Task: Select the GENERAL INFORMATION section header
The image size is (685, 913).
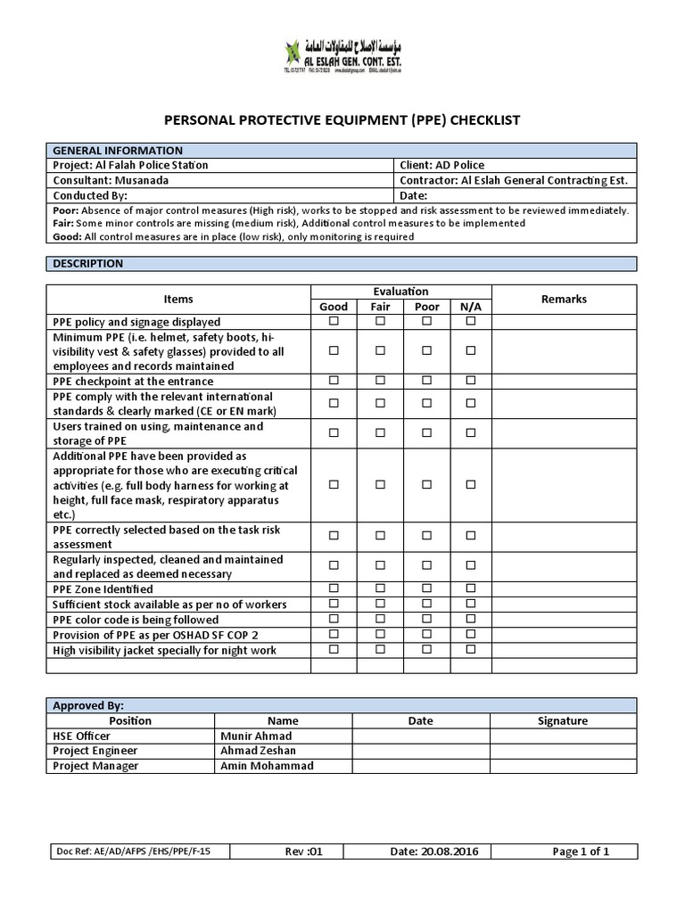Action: click(118, 151)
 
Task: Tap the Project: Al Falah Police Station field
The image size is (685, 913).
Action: click(131, 165)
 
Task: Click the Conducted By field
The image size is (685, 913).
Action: click(91, 195)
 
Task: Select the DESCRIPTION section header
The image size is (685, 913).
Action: click(88, 264)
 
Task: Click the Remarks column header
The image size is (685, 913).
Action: click(564, 300)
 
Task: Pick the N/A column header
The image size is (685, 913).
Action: click(470, 307)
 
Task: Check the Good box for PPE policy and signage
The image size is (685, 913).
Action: click(334, 321)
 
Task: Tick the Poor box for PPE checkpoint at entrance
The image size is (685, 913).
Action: click(426, 381)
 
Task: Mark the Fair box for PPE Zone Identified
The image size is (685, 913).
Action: click(380, 588)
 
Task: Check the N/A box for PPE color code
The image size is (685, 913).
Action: click(471, 619)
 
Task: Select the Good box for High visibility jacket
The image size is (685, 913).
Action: click(334, 649)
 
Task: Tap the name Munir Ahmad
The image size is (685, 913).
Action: click(256, 736)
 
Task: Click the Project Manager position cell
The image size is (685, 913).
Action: click(96, 765)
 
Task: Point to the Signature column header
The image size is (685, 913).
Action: click(563, 720)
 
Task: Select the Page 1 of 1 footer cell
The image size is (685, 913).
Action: click(581, 851)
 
